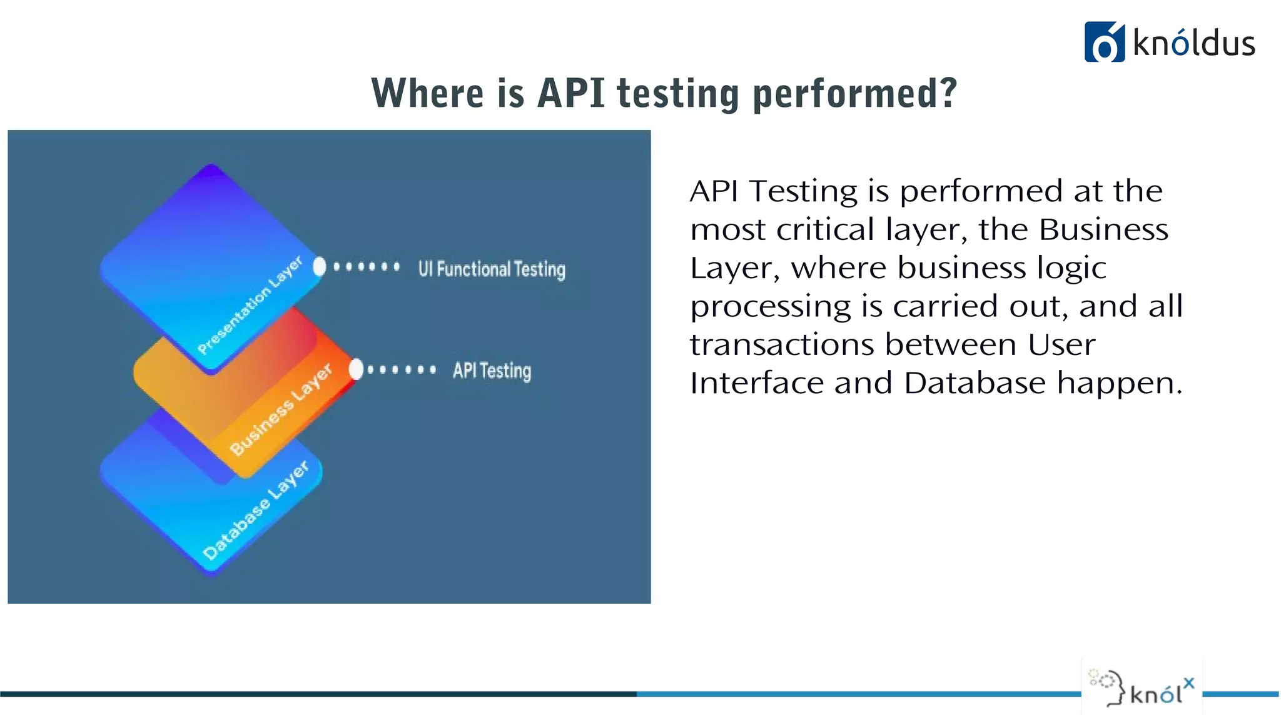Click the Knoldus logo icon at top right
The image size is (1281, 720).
coord(1104,42)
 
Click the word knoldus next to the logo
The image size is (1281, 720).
coord(1193,44)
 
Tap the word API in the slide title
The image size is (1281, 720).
coord(570,94)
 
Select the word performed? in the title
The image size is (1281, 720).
coord(854,94)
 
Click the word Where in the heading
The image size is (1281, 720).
coord(428,94)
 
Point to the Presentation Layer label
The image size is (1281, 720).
coord(250,305)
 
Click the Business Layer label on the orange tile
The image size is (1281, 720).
coord(281,410)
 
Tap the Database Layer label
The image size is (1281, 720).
coord(256,510)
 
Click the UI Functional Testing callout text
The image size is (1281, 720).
coord(492,269)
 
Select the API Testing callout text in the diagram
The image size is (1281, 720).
coord(492,371)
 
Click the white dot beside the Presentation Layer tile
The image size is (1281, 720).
coord(320,267)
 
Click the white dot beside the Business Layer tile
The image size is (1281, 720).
coord(356,369)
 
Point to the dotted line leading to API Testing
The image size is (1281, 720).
coord(402,369)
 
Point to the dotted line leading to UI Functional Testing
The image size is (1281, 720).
coord(367,267)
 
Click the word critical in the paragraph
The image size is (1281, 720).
coord(825,229)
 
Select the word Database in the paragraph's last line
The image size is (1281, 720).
coord(975,383)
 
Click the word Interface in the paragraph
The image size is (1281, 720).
coord(756,383)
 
